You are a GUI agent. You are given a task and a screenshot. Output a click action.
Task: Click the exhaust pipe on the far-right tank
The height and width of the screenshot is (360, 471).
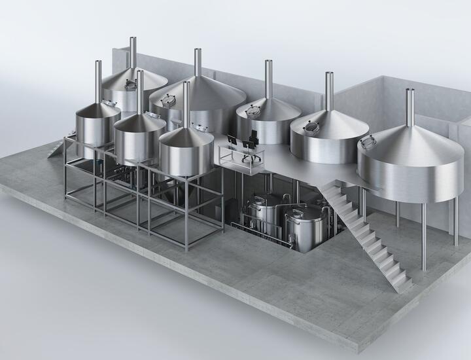point(410,108)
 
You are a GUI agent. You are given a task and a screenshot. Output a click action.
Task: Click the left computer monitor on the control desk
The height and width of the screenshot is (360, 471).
point(232,139)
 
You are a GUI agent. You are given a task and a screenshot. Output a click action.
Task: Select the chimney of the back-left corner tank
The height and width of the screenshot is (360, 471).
point(133,52)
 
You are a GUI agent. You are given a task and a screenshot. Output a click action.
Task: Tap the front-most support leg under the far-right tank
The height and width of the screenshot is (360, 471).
point(423,236)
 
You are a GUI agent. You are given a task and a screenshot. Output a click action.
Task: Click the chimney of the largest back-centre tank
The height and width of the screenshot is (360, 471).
point(197,63)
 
